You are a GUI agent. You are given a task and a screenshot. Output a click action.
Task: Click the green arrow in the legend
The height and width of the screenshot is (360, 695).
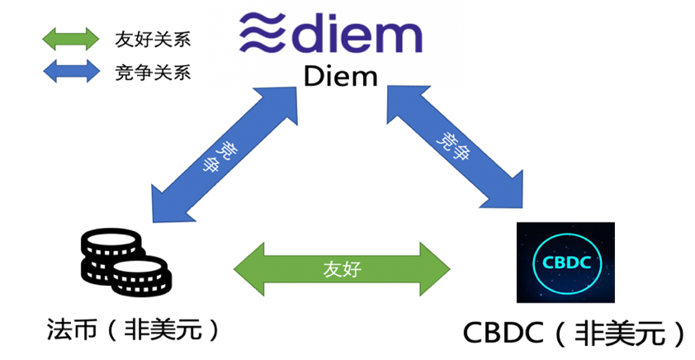(70, 38)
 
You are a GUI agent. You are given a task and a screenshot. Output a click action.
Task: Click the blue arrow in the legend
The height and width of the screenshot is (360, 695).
(70, 72)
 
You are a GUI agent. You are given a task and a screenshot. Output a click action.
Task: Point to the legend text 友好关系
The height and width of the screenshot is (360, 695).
(153, 39)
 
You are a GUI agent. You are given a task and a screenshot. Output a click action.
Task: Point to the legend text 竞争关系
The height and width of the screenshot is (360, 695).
(153, 73)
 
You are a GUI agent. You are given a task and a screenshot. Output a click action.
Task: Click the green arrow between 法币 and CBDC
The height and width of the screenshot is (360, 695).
(342, 268)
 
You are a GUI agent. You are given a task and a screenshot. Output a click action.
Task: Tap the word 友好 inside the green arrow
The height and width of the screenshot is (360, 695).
(342, 268)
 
